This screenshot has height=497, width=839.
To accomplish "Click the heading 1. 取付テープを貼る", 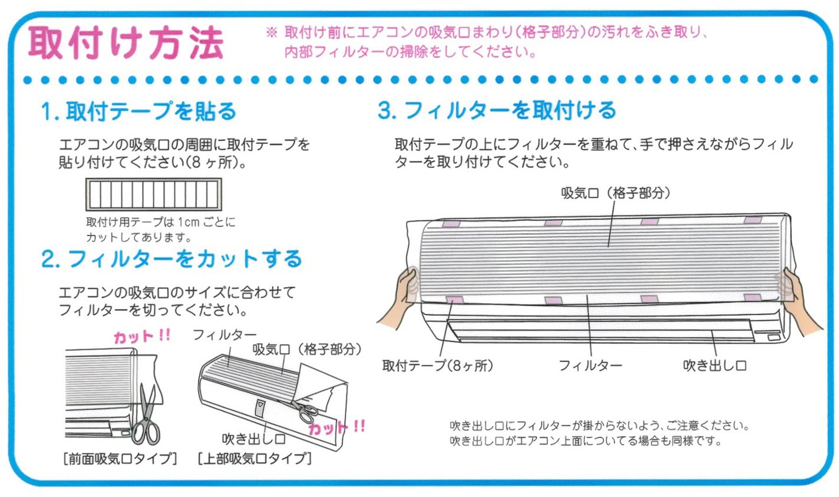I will point(138,111).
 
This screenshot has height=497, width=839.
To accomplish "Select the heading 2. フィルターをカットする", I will point(171,259).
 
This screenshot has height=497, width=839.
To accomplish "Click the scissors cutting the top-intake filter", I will point(303,410).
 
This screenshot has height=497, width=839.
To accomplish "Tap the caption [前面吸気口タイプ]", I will point(120,458).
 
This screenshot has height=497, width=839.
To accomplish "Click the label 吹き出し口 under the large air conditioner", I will point(715,366).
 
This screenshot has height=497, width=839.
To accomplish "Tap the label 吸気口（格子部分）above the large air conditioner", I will point(616,193).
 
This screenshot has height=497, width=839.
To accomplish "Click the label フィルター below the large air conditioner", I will point(590,366).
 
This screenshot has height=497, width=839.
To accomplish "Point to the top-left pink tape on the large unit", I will point(451,224).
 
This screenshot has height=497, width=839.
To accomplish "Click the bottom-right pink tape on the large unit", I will point(752,298).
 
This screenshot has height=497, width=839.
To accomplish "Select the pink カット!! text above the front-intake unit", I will point(142,336).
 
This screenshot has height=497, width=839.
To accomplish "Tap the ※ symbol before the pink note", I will point(272,32).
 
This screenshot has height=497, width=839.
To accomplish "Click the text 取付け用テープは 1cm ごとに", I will point(160,222).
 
